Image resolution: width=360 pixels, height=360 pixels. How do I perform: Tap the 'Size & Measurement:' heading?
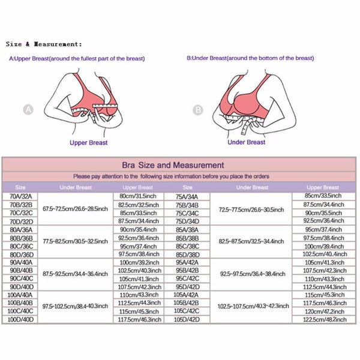(44, 44)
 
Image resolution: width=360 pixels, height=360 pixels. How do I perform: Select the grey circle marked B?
(198, 110)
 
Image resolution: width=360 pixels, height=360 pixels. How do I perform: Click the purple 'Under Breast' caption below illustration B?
(247, 142)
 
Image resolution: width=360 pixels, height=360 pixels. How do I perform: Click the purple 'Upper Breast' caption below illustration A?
(89, 143)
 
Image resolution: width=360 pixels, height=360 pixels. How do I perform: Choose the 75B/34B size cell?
(187, 204)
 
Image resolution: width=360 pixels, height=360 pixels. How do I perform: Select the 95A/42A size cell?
(187, 262)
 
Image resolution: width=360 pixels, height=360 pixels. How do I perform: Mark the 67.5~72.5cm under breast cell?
(76, 208)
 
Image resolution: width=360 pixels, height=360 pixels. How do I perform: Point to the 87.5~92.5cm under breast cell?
(76, 274)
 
